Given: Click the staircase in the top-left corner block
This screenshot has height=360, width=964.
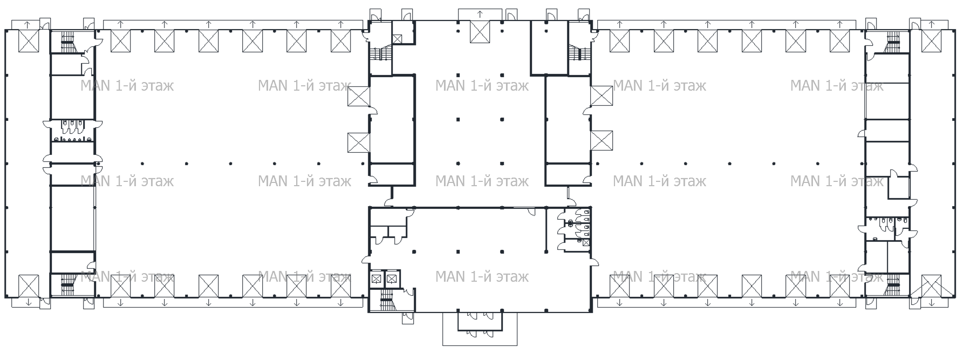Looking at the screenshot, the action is click(67, 37).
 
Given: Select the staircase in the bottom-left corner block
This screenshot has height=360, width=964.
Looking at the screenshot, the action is click(67, 281).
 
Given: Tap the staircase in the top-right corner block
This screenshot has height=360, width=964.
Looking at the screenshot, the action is click(893, 37).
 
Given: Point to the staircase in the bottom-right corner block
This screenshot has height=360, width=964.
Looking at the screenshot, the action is click(893, 281).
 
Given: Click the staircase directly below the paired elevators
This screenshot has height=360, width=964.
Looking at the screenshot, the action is click(386, 297).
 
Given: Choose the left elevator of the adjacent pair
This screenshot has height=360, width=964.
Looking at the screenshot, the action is click(377, 279).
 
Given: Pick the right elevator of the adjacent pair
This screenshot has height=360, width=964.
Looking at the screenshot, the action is click(392, 279).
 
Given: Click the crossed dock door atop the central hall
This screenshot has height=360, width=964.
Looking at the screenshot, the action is click(480, 31).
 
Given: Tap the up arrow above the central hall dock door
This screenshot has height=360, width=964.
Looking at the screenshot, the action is click(480, 14).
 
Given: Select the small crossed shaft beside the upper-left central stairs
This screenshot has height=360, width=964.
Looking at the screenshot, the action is click(397, 38).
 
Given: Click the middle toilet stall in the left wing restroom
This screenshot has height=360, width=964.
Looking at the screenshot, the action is click(71, 126).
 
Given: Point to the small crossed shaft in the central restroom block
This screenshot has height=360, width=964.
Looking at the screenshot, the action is click(586, 242).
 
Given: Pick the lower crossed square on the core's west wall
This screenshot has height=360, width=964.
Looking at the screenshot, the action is click(358, 142).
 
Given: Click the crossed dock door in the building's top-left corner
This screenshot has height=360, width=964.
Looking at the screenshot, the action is click(29, 41).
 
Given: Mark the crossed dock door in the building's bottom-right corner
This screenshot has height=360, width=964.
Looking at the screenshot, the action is click(931, 286).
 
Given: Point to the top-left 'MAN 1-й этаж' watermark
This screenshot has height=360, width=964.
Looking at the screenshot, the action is click(127, 86).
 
